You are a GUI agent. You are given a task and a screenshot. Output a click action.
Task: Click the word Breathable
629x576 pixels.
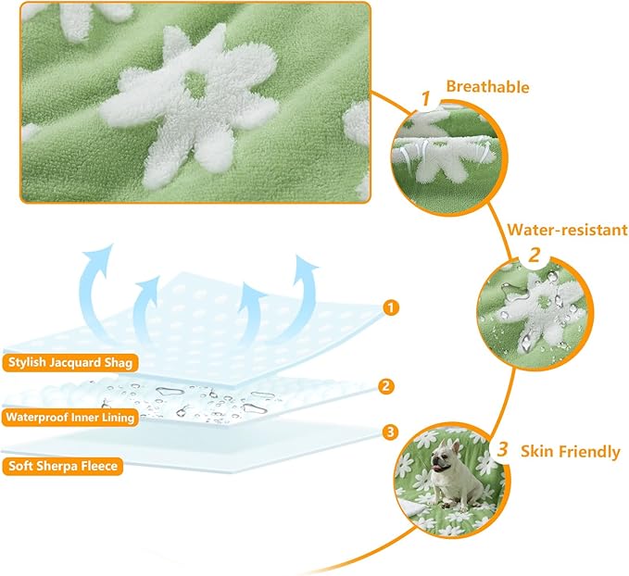487,87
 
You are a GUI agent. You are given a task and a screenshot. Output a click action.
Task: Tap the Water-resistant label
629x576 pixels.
567,230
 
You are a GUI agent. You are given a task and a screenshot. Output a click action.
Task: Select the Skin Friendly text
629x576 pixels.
570,452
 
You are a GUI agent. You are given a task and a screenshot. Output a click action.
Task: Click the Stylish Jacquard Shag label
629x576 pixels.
70,363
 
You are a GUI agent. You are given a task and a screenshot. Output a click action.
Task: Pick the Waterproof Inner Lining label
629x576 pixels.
70,418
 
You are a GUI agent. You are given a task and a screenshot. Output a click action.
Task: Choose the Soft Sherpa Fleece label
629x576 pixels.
63,466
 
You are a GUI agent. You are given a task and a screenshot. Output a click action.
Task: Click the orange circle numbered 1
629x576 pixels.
391,307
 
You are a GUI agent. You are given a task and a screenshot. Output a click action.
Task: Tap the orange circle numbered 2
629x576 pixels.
386,386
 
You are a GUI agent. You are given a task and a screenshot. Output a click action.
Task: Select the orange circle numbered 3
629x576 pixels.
390,432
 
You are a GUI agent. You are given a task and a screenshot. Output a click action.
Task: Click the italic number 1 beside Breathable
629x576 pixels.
425,99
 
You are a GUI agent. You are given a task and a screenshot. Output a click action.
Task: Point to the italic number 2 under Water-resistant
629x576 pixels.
535,255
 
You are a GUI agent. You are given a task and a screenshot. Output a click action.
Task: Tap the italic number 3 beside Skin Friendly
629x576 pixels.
503,449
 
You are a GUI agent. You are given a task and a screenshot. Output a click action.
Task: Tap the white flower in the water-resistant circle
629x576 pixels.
534,313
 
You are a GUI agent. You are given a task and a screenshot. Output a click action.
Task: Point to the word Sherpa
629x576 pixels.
57,467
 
